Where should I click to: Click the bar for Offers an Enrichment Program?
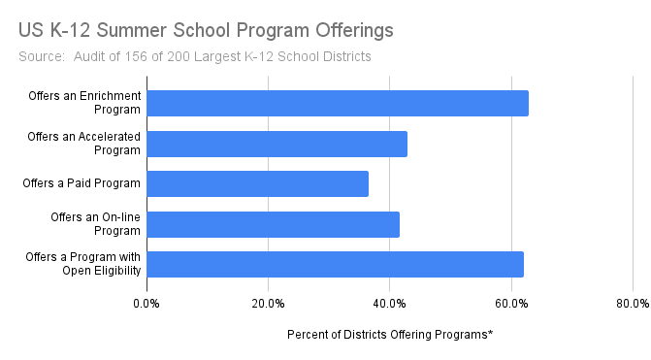pos(338,103)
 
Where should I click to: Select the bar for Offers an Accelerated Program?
pos(277,144)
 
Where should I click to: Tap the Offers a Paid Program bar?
pos(257,183)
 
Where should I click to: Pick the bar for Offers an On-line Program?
pos(273,224)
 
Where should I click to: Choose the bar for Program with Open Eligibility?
pos(335,264)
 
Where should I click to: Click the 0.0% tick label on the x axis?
pos(146,304)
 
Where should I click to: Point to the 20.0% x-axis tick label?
pos(268,304)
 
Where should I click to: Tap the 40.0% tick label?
pos(389,304)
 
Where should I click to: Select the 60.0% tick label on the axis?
pos(511,304)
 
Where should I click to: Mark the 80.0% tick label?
pos(632,304)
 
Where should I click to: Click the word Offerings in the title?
pos(348,30)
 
